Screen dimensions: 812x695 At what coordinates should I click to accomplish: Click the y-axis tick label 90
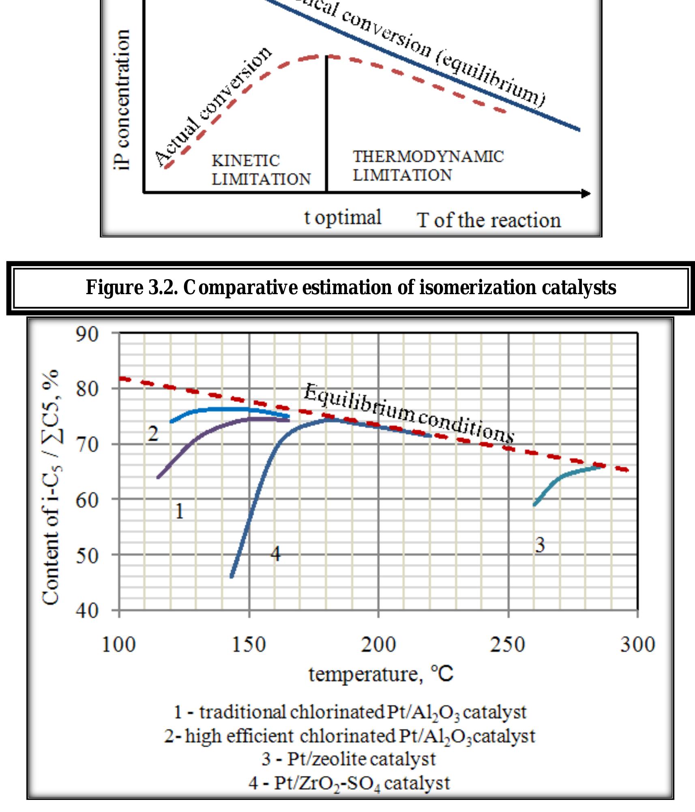[x=87, y=335]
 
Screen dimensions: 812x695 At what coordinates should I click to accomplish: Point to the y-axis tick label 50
[x=87, y=556]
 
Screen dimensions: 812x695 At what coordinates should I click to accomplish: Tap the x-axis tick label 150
[x=249, y=645]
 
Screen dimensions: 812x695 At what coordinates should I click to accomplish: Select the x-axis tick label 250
[x=508, y=645]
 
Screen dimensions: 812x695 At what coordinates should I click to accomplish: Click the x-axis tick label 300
[x=637, y=645]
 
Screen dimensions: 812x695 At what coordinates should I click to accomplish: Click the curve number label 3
[x=540, y=545]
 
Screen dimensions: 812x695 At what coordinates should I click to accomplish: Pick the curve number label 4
[x=275, y=553]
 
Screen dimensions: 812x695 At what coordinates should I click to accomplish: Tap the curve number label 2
[x=152, y=434]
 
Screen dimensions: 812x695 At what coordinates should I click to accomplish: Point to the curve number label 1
[x=179, y=511]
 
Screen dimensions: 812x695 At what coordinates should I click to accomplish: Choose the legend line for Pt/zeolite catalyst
[x=348, y=759]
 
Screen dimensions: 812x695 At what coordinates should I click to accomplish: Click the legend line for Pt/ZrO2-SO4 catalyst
[x=349, y=783]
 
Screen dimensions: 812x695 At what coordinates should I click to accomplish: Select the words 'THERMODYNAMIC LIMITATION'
[x=428, y=166]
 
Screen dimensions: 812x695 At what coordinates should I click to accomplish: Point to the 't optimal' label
[x=343, y=218]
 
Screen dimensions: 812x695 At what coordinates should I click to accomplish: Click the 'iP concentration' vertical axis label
[x=122, y=100]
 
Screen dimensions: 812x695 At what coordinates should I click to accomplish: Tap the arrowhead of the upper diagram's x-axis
[x=586, y=193]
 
